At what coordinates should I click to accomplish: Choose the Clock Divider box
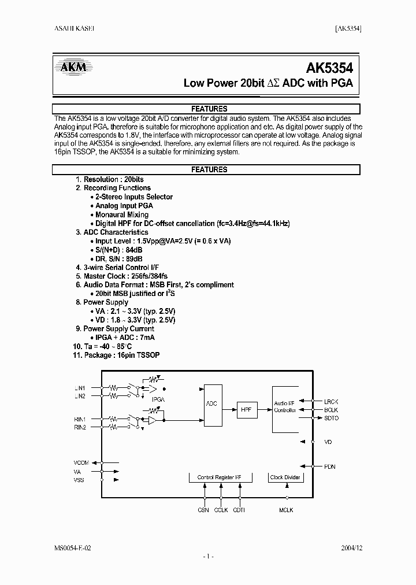pyautogui.click(x=285, y=477)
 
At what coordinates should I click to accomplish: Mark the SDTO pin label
pyautogui.click(x=332, y=418)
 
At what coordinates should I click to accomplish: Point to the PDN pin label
pyautogui.click(x=329, y=466)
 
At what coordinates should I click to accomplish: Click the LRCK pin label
pyautogui.click(x=332, y=401)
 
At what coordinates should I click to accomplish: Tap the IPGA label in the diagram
pyautogui.click(x=158, y=399)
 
